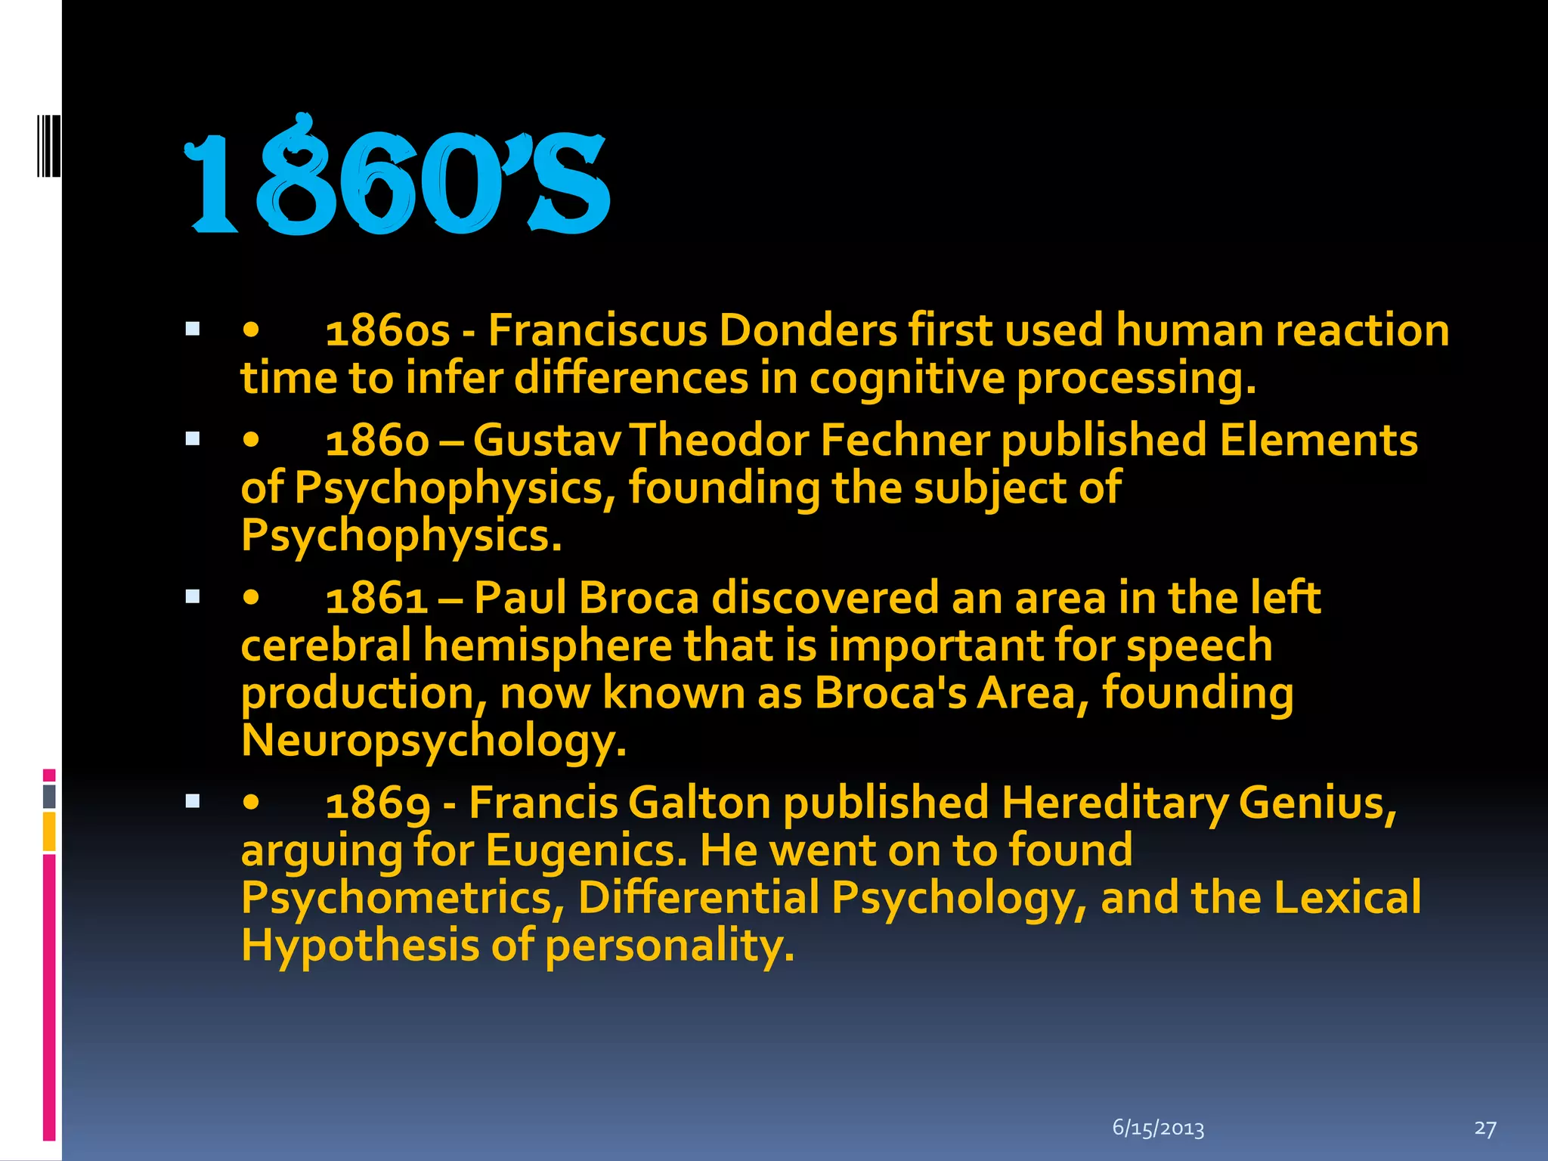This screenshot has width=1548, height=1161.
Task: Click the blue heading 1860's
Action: [x=397, y=178]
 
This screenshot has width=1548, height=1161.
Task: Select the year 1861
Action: [x=376, y=598]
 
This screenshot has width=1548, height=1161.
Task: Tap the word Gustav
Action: [x=547, y=440]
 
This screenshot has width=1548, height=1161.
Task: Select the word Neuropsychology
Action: [x=433, y=741]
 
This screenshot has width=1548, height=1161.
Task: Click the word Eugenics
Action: [x=587, y=850]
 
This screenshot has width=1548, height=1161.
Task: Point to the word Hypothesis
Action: [x=360, y=946]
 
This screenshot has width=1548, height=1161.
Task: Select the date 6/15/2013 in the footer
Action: [x=1158, y=1128]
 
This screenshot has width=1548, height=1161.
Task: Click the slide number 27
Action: [x=1485, y=1128]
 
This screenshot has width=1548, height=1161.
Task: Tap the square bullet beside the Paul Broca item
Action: [x=193, y=597]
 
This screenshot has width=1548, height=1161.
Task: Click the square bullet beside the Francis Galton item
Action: [x=193, y=801]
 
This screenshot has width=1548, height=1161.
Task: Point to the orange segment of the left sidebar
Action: [x=49, y=831]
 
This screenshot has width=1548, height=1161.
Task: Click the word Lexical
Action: [x=1347, y=898]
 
